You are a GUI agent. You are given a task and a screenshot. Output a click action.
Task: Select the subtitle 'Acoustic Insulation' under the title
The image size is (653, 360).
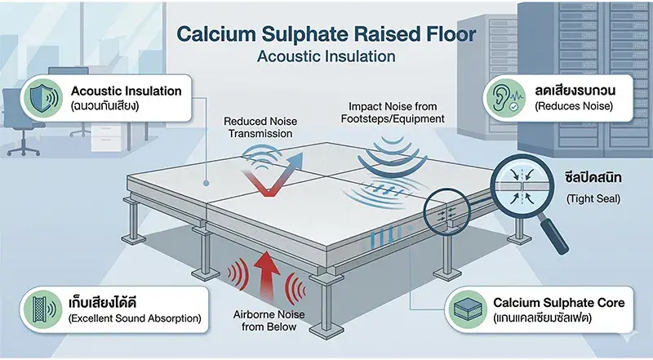coord(326,58)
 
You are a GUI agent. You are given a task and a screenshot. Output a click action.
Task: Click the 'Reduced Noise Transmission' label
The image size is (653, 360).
coord(258,127)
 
